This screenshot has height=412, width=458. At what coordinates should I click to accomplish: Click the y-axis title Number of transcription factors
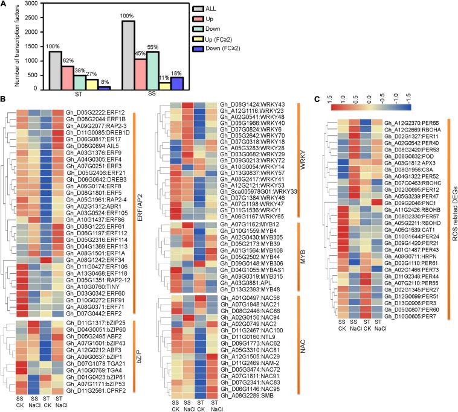coord(7,47)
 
